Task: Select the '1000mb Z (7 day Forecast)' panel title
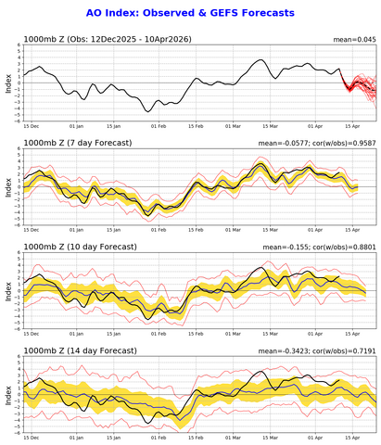point(81,142)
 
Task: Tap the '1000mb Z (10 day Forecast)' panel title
point(83,246)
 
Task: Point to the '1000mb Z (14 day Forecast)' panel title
point(83,349)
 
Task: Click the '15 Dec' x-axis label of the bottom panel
point(32,436)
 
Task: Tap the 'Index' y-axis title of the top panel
point(7,84)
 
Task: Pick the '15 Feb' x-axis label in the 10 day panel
point(199,332)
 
